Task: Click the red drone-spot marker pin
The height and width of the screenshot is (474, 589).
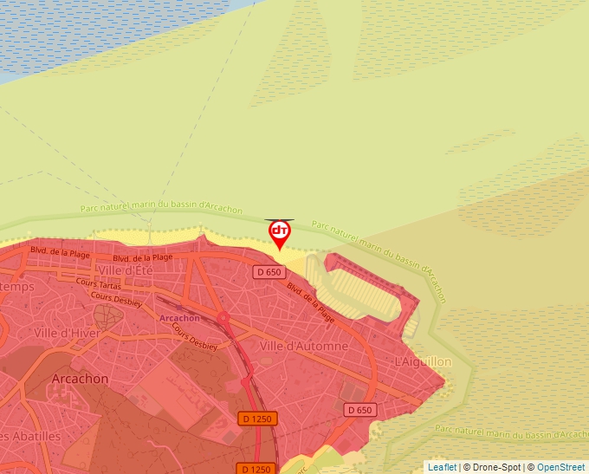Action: [280, 233]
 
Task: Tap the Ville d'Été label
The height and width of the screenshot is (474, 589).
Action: [126, 270]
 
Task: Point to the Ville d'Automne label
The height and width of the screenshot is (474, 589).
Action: [304, 346]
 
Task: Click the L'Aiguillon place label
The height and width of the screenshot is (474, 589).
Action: [423, 361]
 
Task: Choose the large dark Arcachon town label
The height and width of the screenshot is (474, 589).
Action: [80, 379]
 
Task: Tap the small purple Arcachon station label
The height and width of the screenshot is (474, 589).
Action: [180, 318]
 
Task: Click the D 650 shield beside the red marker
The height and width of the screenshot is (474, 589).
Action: [269, 272]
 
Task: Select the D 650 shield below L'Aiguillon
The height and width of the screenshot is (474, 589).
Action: [360, 409]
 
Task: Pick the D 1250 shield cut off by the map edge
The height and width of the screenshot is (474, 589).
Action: [257, 469]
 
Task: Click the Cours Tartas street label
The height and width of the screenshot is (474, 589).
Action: [97, 282]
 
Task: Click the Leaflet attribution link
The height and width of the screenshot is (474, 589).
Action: [442, 467]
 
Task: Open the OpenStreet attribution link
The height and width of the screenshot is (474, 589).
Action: [562, 467]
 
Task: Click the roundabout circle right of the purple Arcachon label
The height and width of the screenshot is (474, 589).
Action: [223, 318]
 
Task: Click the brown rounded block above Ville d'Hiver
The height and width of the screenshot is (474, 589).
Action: [107, 315]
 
